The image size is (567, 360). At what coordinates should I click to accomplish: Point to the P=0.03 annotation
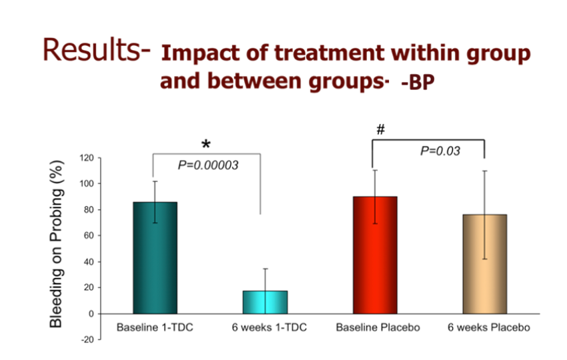click(x=440, y=151)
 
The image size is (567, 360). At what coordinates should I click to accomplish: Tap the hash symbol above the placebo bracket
click(x=380, y=129)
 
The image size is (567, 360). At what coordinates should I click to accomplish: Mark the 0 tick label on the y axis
click(x=91, y=313)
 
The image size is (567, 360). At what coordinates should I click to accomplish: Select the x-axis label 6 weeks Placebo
click(x=489, y=328)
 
